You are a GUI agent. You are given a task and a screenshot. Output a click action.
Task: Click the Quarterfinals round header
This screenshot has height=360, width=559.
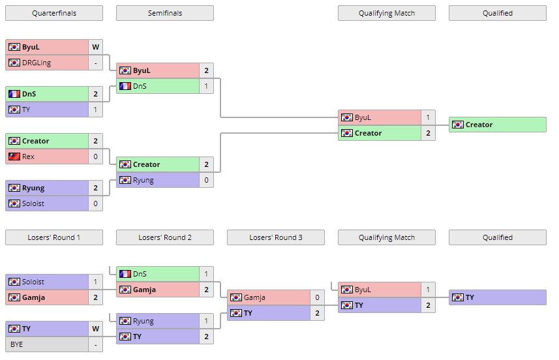coord(53,13)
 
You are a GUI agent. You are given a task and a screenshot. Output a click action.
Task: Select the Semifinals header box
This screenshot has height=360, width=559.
coord(164,13)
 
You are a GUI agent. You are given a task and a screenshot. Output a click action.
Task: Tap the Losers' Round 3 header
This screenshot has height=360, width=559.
coord(275,237)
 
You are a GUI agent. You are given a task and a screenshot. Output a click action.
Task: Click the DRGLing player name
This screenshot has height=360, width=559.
coord(37,63)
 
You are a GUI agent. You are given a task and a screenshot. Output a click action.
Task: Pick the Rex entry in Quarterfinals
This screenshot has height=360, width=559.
coord(29,157)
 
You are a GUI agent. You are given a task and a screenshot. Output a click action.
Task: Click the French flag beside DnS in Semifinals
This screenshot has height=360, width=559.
coord(125,86)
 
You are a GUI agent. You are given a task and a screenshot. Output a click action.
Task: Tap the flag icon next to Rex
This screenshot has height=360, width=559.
coord(14,157)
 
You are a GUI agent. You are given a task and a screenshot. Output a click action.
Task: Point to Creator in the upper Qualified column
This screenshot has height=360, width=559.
coord(479,125)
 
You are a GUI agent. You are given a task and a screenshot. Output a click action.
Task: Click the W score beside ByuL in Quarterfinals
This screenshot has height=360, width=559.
coord(95,47)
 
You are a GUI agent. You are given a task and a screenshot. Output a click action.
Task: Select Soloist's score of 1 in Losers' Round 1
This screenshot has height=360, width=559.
coord(95,282)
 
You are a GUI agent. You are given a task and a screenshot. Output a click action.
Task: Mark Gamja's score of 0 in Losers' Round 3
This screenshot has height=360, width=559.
coord(317,297)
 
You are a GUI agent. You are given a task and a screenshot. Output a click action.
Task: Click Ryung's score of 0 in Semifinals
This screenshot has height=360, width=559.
coord(206,180)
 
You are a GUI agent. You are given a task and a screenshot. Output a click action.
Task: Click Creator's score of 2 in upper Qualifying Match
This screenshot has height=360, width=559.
coord(428,133)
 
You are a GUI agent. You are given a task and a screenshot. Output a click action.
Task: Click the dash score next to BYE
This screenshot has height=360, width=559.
coord(95,344)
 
